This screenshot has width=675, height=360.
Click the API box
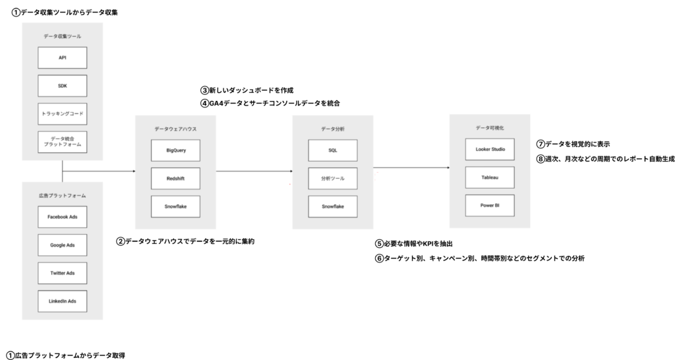point(62,58)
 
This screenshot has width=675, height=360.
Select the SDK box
point(62,86)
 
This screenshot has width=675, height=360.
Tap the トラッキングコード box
point(62,113)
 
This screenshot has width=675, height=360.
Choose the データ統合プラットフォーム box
point(62,142)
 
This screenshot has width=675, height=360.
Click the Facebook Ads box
point(62,217)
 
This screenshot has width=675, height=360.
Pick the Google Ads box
point(62,245)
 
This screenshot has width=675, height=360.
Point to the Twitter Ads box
point(62,273)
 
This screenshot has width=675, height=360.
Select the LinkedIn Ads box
point(62,301)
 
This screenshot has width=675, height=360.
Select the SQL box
point(332,150)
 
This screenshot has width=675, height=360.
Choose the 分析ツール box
point(332,179)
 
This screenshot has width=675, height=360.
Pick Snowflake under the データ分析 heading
point(332,207)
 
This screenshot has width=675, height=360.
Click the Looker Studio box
point(489,150)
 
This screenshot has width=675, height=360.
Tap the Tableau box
point(489,177)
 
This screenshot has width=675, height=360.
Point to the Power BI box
point(489,206)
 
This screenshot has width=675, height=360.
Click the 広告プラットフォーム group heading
point(62,196)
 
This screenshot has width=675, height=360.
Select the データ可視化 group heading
point(489,127)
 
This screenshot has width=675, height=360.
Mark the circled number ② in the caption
point(121,242)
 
